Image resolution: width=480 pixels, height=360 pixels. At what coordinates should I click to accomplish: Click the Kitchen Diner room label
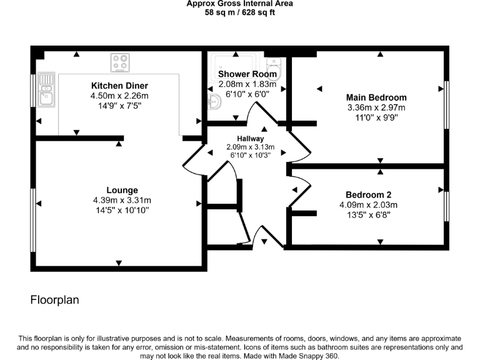click(x=119, y=86)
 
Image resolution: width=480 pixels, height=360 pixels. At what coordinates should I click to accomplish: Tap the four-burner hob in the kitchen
click(x=121, y=62)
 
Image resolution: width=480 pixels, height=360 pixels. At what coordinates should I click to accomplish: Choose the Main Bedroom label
click(x=376, y=97)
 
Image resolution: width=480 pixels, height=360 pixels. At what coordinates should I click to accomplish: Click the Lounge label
click(x=122, y=190)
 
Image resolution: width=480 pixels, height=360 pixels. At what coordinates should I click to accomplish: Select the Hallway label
click(x=250, y=139)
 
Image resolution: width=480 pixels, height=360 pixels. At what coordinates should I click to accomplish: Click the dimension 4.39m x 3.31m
click(x=122, y=200)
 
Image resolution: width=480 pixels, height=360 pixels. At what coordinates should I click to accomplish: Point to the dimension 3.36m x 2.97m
click(x=376, y=107)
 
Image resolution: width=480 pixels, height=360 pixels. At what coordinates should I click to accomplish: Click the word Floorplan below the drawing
click(x=55, y=300)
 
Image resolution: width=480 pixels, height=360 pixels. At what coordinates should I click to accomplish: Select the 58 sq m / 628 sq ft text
click(x=240, y=12)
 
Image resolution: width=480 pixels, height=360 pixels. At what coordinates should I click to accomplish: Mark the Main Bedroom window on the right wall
click(x=446, y=104)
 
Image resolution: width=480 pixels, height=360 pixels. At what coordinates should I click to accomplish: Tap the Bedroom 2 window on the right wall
click(x=446, y=206)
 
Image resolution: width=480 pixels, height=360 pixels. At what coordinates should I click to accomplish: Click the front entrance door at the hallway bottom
click(x=264, y=239)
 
